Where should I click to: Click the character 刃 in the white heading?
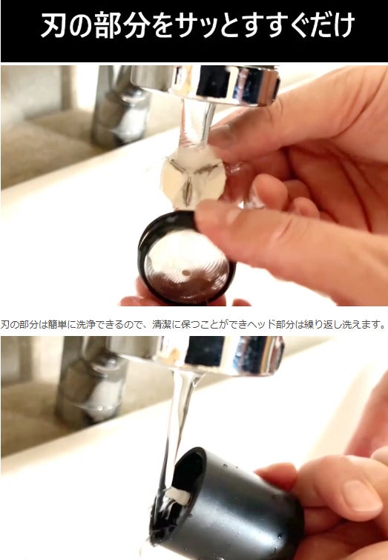click(x=53, y=25)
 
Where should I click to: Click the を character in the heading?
click(x=162, y=25)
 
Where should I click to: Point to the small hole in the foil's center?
click(x=185, y=272)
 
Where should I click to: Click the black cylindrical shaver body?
click(x=228, y=503)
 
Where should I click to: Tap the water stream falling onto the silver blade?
click(x=197, y=123)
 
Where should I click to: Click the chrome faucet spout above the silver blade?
click(x=205, y=84)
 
